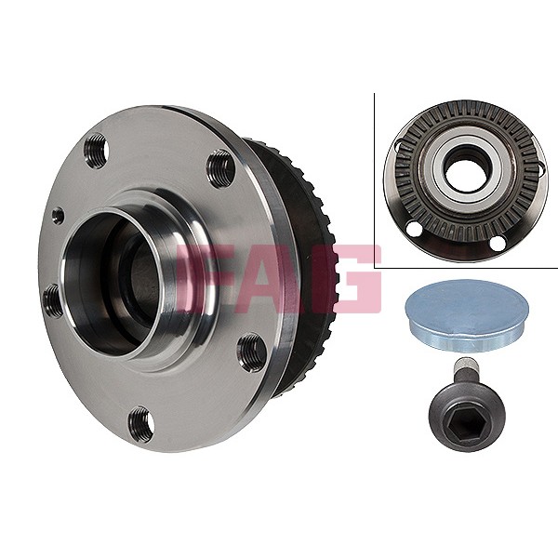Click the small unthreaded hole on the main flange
(58, 215)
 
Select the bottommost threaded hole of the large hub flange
(140, 425)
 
